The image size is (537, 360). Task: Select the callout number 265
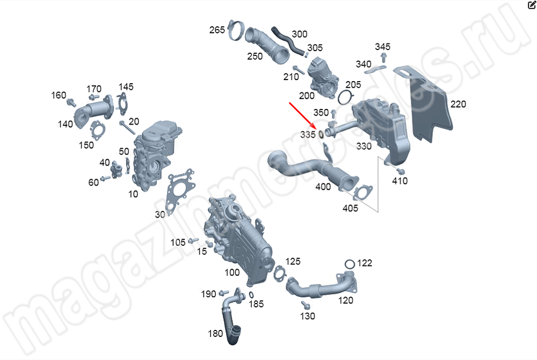(217, 30)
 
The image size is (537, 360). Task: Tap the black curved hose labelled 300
(288, 41)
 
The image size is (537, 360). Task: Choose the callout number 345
(382, 47)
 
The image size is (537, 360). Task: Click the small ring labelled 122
(350, 264)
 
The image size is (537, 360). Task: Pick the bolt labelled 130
(306, 305)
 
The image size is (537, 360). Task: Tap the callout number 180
(215, 333)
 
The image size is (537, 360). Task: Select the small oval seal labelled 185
(251, 295)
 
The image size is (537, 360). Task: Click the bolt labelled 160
(71, 103)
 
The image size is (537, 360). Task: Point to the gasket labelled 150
(98, 130)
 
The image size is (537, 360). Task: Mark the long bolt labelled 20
(127, 128)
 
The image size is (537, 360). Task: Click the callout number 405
(350, 208)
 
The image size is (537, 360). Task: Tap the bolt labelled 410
(400, 170)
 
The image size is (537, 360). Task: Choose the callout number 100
(232, 272)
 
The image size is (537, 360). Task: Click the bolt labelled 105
(194, 240)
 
